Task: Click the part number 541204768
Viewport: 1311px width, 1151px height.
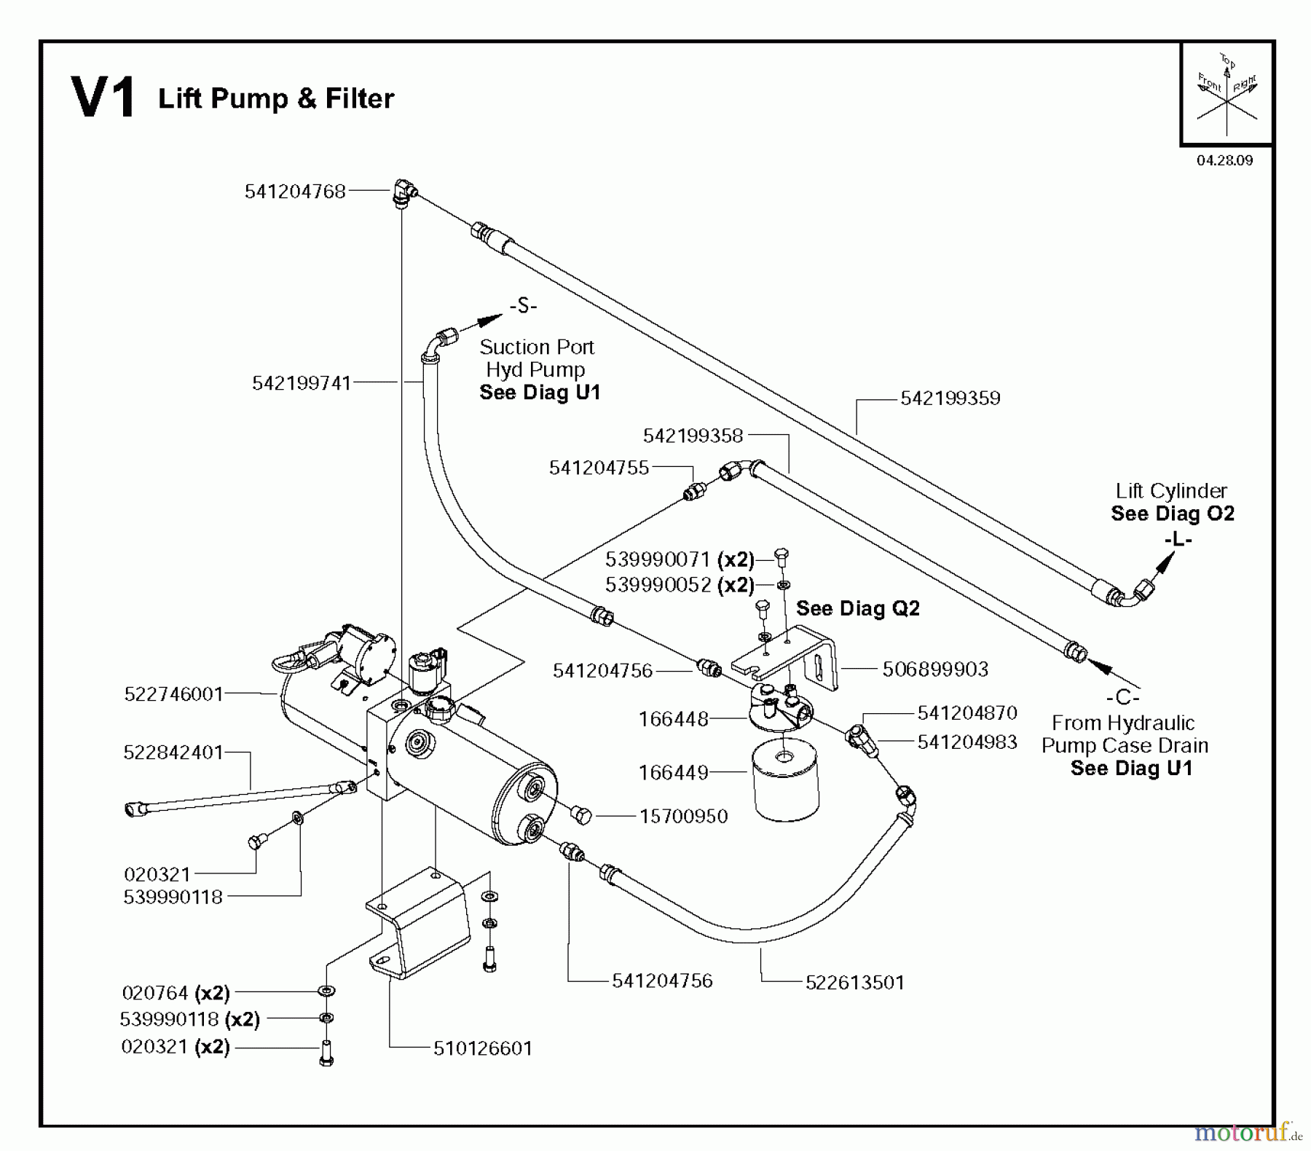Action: pos(295,192)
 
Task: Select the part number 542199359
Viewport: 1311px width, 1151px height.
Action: pos(950,398)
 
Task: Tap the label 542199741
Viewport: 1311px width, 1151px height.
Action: pos(302,383)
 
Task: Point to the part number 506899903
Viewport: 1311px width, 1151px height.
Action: pos(935,669)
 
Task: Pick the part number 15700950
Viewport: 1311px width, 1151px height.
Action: pos(683,816)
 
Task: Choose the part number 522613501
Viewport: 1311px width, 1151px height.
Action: pos(854,983)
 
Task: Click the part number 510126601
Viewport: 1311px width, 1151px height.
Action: pos(483,1048)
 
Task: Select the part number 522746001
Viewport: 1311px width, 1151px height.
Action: pos(173,694)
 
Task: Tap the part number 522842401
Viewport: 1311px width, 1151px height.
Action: pos(173,752)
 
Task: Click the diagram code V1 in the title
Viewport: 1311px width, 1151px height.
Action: pos(103,98)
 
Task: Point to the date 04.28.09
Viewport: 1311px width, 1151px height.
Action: pos(1224,160)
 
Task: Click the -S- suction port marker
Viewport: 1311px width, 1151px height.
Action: pos(523,306)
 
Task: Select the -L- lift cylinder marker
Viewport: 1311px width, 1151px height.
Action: pos(1178,540)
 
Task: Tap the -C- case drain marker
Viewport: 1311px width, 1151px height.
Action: pos(1122,698)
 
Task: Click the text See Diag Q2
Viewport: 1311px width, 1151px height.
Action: pos(857,608)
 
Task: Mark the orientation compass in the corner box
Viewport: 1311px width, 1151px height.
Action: pos(1227,93)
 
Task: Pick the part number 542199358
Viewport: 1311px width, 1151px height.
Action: pos(693,436)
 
